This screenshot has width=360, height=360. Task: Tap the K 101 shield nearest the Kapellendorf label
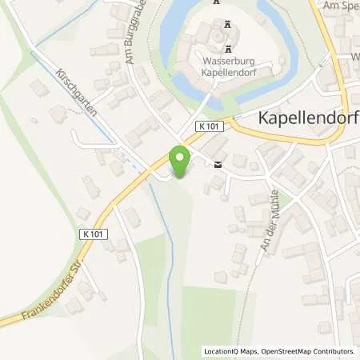coord(210,126)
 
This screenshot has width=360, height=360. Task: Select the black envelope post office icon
coord(218,165)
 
